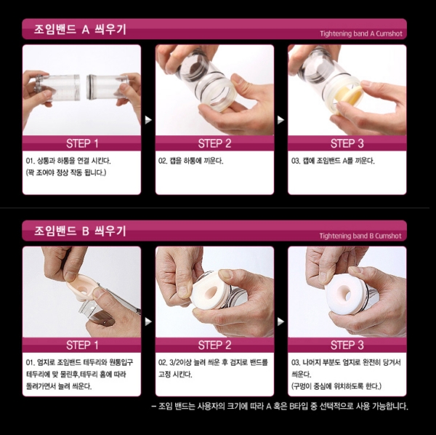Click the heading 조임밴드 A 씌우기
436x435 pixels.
80,29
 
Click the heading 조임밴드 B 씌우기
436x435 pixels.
80,231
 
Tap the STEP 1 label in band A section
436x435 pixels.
82,143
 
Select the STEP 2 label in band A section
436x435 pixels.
214,143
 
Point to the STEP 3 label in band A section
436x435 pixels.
347,143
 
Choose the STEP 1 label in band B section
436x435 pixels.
82,345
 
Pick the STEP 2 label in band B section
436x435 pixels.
214,345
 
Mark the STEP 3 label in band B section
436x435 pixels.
347,345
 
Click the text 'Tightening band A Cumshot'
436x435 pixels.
361,34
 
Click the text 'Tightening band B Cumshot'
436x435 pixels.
360,236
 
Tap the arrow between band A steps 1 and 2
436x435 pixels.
148,120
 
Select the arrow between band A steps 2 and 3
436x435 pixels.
280,120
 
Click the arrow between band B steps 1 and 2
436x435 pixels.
148,322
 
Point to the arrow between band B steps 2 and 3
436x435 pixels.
280,322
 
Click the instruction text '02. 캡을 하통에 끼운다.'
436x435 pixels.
190,161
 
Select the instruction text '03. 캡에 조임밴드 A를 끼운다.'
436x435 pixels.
333,161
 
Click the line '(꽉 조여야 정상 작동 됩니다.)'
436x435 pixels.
66,173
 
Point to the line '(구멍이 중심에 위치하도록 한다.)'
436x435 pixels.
336,386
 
